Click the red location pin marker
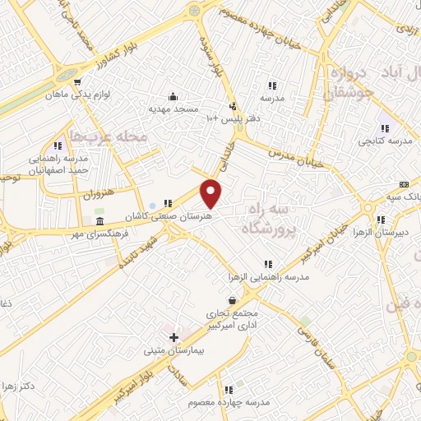point(211,192)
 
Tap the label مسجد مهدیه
point(171,108)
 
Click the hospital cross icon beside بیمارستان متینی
point(173,337)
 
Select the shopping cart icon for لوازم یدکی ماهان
point(77,82)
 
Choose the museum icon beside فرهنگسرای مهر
point(99,223)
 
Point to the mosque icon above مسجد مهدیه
point(171,95)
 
